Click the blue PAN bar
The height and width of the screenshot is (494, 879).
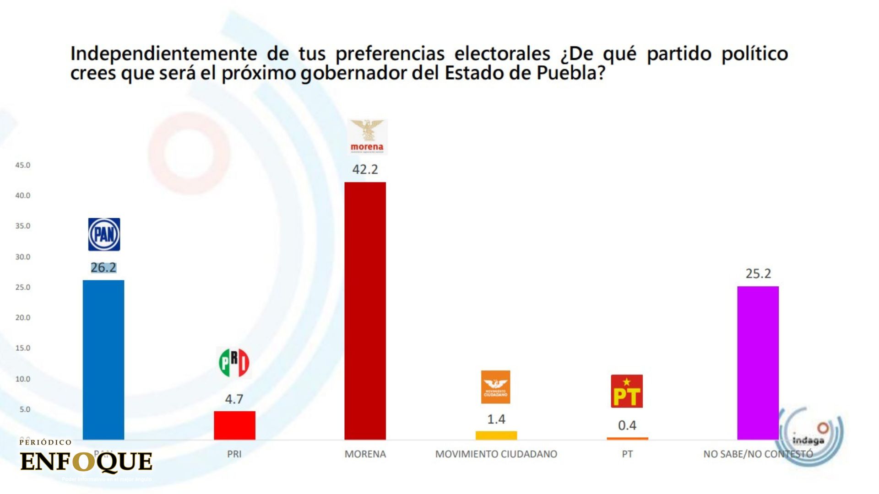(x=103, y=360)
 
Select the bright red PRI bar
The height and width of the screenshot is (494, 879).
(x=234, y=425)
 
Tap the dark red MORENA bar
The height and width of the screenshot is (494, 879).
(x=365, y=311)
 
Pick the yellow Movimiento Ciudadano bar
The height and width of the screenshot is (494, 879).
(x=496, y=435)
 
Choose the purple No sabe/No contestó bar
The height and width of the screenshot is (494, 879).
(x=758, y=363)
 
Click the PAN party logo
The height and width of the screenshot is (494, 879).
(x=104, y=234)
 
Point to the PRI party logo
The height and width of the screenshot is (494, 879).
(x=234, y=363)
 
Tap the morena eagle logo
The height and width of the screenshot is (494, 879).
(x=367, y=136)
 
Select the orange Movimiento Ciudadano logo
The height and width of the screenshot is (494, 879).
(x=495, y=387)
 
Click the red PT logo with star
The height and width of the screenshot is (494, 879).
(x=627, y=391)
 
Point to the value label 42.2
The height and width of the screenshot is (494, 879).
(x=365, y=170)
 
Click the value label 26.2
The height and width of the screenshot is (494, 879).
(x=103, y=268)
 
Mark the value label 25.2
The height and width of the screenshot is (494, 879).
(x=758, y=274)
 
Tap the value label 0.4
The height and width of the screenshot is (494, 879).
(x=627, y=425)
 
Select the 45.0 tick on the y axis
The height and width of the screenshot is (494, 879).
(x=23, y=165)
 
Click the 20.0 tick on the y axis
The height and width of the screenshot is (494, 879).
(x=23, y=317)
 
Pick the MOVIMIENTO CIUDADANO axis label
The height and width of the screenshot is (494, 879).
(x=496, y=454)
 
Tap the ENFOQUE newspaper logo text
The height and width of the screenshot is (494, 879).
(x=86, y=462)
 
